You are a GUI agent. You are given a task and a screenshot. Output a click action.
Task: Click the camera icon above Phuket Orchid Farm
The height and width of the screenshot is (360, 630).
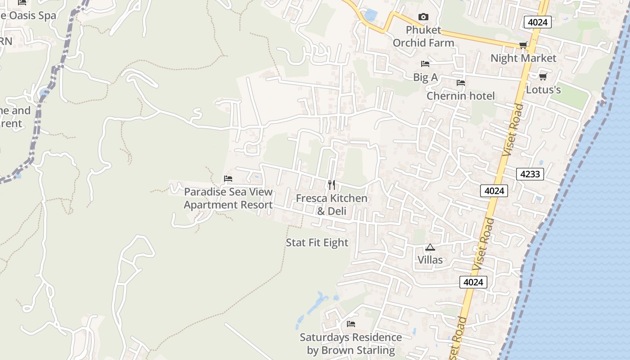(423, 17)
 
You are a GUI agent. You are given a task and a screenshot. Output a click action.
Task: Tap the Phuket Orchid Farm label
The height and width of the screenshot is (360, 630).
(423, 36)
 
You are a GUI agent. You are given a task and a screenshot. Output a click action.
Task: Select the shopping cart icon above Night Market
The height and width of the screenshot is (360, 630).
(523, 45)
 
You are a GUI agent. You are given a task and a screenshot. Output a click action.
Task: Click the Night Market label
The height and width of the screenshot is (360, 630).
(523, 58)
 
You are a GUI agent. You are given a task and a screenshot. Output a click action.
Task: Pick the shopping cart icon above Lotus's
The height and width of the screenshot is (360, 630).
(543, 76)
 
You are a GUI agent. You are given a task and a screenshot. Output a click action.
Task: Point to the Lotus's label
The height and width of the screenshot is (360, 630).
(543, 90)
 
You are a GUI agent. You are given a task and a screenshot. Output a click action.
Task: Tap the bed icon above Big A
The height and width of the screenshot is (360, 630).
(425, 63)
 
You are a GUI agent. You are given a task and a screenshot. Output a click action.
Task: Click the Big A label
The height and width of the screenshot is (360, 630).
(425, 77)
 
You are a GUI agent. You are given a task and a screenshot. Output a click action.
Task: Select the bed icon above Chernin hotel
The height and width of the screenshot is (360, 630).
(460, 83)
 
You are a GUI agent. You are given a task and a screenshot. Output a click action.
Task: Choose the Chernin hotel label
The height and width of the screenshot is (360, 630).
(460, 96)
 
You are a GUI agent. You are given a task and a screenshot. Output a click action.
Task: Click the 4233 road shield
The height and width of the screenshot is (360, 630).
(530, 174)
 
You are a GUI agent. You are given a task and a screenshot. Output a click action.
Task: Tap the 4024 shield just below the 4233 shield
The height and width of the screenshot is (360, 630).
(494, 191)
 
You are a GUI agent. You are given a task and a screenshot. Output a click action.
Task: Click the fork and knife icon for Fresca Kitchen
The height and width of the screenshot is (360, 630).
(332, 184)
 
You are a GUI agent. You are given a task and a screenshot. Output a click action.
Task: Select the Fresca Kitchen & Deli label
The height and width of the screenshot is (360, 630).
(332, 204)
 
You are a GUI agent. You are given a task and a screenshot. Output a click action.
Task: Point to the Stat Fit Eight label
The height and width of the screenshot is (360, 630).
(317, 243)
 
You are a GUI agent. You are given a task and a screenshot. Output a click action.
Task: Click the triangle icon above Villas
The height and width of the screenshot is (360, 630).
(430, 247)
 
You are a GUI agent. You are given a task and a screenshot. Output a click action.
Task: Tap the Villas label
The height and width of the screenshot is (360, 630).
(430, 260)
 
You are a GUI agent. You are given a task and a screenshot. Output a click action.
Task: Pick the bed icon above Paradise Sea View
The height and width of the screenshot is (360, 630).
(228, 179)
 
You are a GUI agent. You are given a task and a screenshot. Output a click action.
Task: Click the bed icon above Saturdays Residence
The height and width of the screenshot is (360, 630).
(351, 324)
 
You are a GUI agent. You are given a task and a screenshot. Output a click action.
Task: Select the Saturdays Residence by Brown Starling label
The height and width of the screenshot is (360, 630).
(351, 343)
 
